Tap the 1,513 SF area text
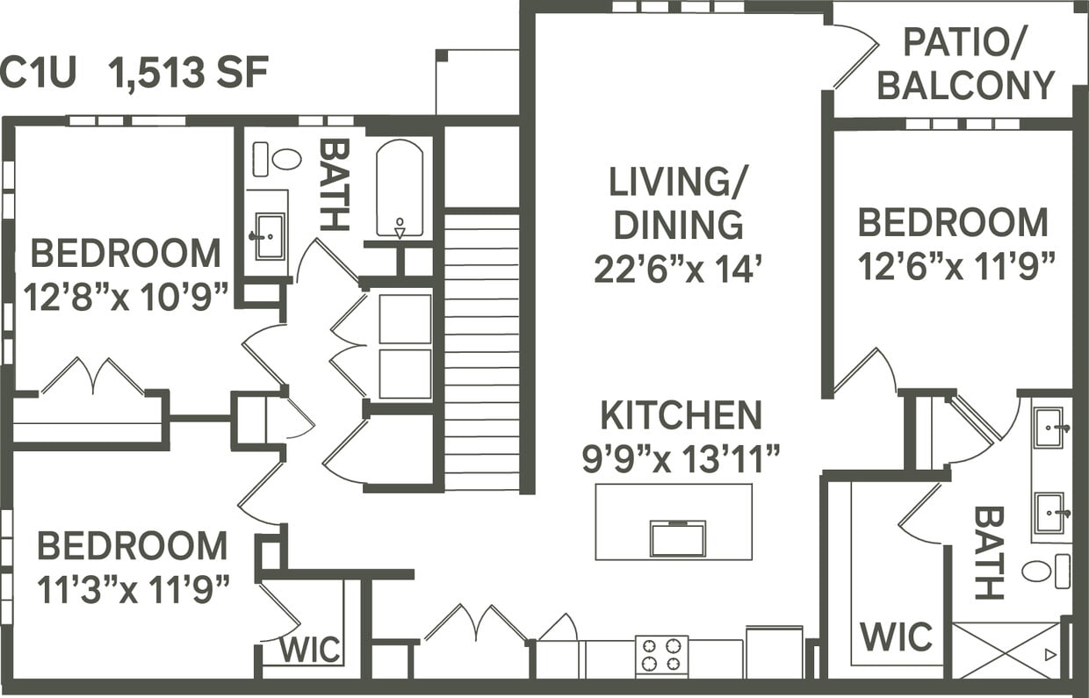point(188,73)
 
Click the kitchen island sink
point(677,538)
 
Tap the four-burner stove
point(661,655)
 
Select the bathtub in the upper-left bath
point(400,189)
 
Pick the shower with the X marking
point(1006,650)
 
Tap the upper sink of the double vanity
point(1049,428)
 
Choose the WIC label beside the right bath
point(896,637)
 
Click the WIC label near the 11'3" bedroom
point(310,651)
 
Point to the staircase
point(481,351)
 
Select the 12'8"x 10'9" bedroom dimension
point(126,293)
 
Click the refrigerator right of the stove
point(774,651)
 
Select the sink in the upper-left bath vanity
point(269,236)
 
